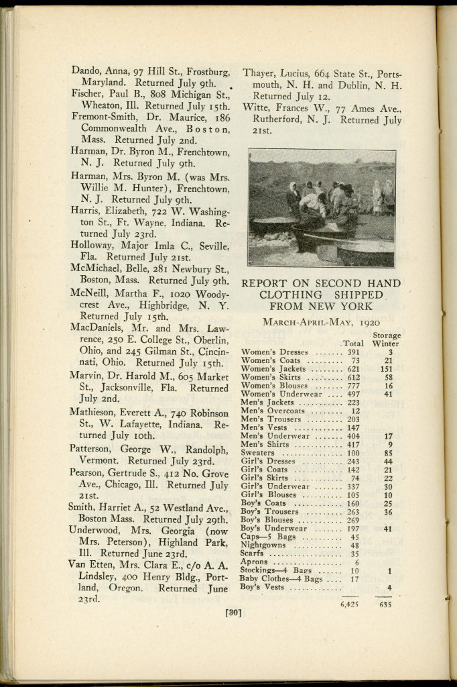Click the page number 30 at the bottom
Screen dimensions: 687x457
click(233, 612)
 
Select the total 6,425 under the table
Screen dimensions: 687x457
click(348, 603)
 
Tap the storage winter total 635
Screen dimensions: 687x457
click(384, 603)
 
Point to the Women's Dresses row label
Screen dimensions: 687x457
click(275, 352)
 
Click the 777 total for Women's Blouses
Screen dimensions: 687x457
click(353, 386)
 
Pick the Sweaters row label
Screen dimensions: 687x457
click(257, 454)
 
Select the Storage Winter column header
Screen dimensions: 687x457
click(386, 339)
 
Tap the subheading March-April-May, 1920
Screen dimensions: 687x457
click(312, 321)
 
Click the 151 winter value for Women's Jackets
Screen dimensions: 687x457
click(387, 369)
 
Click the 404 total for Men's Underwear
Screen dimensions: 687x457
click(353, 436)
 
